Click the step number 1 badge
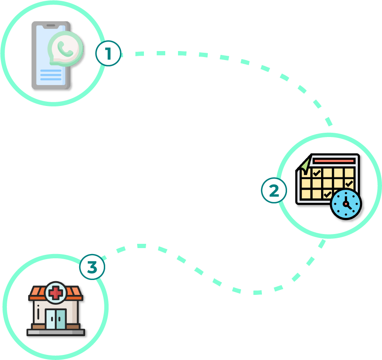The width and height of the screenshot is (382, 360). tap(108, 53)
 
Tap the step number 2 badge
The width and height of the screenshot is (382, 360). tap(274, 190)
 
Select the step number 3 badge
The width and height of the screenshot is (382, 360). tap(92, 267)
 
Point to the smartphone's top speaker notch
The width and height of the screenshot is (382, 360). tap(51, 25)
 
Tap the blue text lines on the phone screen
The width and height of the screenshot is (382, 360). tap(51, 75)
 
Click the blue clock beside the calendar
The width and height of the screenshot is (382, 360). tap(346, 204)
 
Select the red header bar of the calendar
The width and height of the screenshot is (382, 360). tap(334, 161)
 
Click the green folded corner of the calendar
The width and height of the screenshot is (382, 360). tap(305, 164)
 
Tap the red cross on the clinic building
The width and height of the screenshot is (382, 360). tap(56, 293)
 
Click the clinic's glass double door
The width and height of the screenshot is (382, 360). tap(56, 319)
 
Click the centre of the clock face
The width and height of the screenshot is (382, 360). tap(346, 204)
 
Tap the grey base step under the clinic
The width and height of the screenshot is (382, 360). tap(56, 332)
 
